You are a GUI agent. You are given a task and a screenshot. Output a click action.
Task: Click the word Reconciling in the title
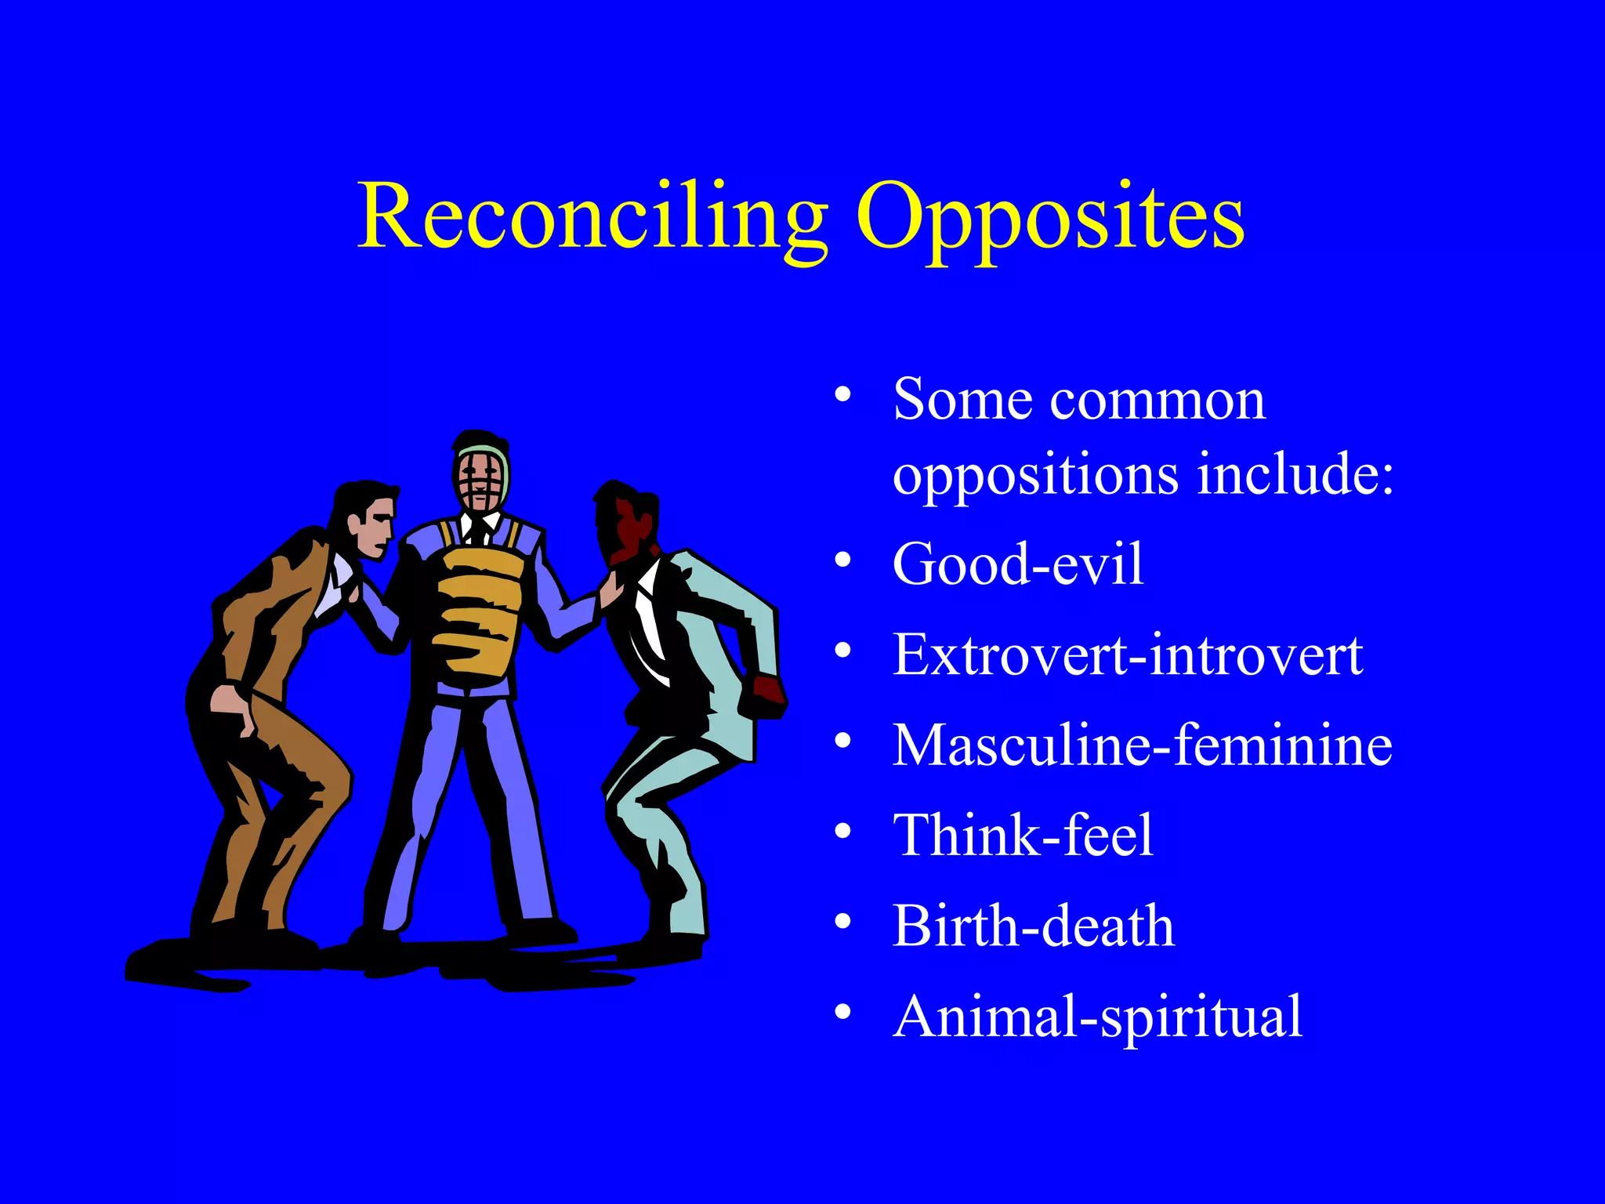(592, 216)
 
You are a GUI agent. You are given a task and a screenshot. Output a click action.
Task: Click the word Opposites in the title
(1050, 216)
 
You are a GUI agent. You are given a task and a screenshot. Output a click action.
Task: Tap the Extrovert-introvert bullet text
(1127, 655)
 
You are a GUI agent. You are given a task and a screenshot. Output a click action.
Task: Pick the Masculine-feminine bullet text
(1142, 745)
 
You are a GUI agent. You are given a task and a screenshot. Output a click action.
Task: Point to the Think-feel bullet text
(1023, 835)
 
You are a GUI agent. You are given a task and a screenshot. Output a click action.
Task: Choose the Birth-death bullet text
(1033, 926)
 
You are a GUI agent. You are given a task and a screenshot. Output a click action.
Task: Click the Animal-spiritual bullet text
(1097, 1017)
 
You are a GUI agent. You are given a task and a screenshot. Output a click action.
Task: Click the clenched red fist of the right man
(768, 690)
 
